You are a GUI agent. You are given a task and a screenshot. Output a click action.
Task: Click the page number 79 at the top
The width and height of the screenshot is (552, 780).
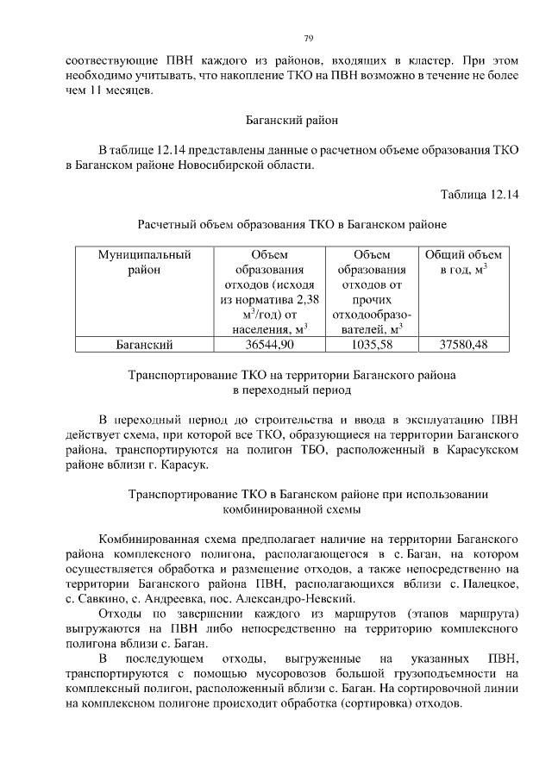pos(307,38)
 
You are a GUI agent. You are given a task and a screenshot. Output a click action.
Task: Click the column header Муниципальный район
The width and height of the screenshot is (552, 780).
pos(144,262)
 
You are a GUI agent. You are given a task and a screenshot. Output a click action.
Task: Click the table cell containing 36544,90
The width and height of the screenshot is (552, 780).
pos(269,345)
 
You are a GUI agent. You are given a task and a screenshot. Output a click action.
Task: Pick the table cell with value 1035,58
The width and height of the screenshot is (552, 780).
pos(371,345)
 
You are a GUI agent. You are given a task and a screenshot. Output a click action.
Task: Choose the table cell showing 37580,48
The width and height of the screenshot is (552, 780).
pos(463,345)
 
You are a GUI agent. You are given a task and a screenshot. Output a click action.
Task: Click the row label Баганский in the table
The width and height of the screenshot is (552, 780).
pos(144,345)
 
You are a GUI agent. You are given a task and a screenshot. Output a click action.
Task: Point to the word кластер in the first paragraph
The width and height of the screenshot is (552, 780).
pos(429,61)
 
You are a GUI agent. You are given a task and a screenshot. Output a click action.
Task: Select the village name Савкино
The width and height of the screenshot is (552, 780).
pos(108,599)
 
